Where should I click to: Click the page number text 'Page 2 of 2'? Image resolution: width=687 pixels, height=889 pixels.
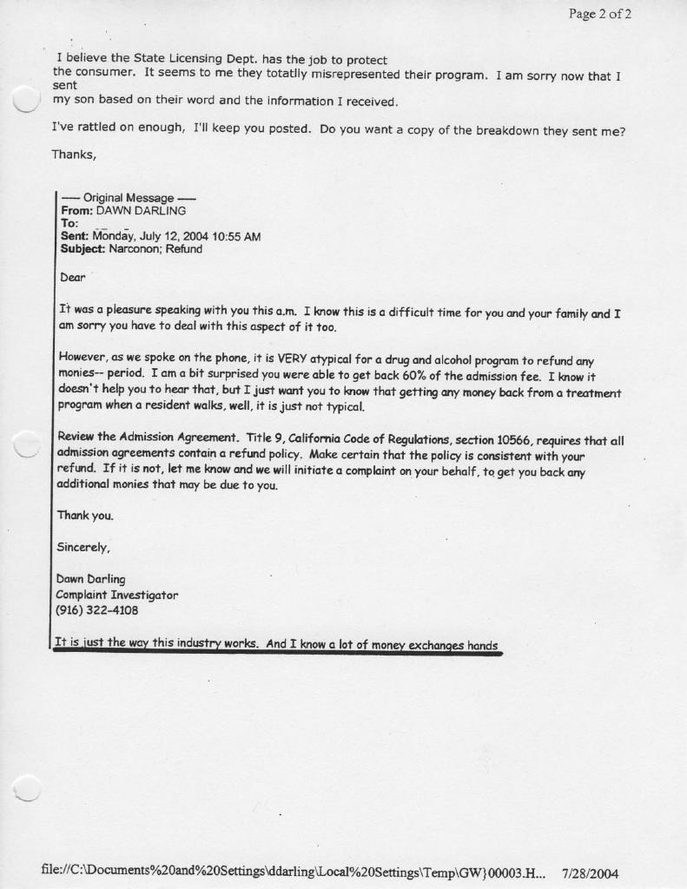click(x=599, y=13)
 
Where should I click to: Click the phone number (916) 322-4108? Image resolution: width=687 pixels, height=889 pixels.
click(x=97, y=610)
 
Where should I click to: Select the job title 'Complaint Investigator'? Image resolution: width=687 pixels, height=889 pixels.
click(x=116, y=595)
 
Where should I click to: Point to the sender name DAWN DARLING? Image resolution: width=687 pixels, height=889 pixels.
click(x=141, y=210)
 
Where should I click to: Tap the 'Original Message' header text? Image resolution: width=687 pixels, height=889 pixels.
click(x=129, y=198)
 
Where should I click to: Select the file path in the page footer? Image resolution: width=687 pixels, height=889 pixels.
click(x=295, y=872)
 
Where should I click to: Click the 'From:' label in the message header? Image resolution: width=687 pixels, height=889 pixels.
click(x=76, y=210)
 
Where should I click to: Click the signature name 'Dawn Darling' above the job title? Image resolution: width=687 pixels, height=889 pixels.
click(x=90, y=579)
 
